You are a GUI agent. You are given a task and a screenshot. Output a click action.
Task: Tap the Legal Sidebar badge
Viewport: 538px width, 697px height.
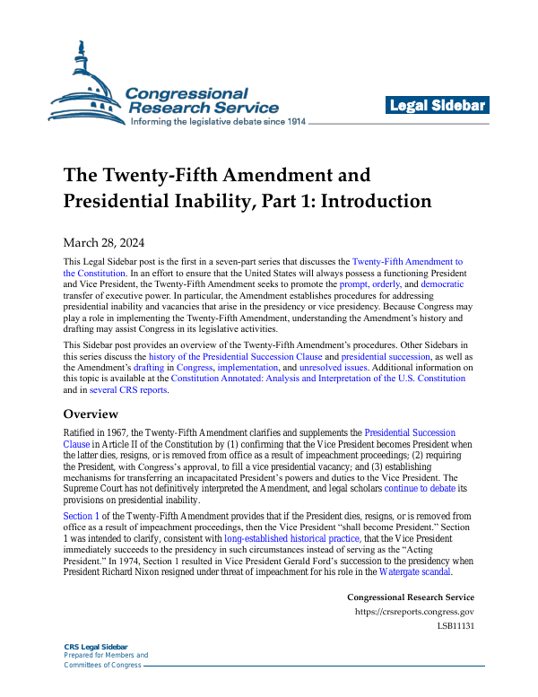point(438,106)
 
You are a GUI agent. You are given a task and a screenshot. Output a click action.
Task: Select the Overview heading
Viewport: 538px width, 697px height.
point(91,414)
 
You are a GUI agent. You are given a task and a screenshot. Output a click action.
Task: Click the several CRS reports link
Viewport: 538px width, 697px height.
point(127,391)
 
